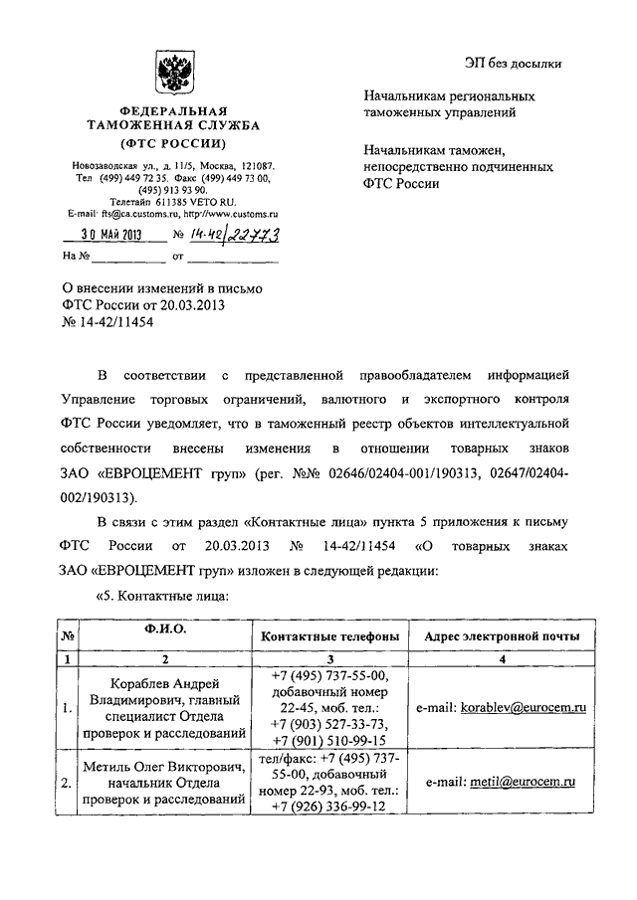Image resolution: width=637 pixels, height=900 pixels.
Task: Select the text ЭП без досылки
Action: pos(513,64)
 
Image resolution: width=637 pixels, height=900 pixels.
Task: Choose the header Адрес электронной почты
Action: pos(504,635)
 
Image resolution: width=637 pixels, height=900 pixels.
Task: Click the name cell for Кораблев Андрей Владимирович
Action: pos(165,708)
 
